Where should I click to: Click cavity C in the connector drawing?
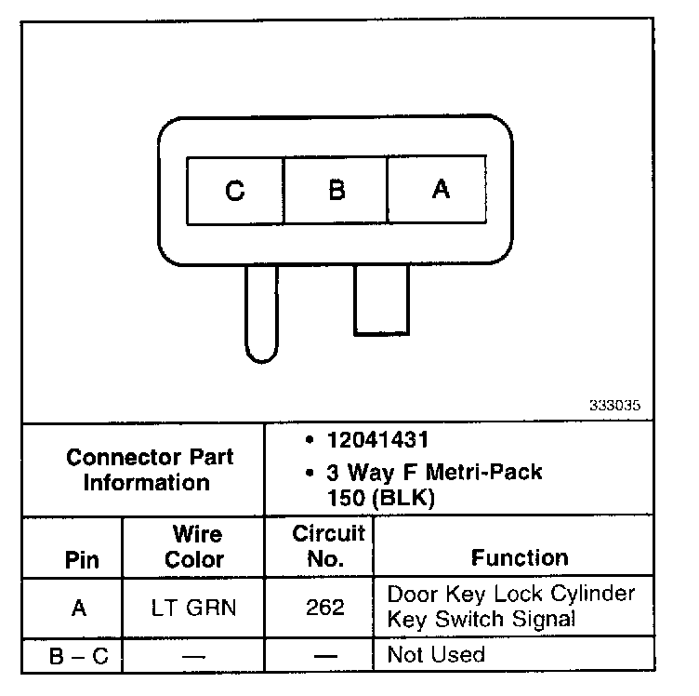[235, 191]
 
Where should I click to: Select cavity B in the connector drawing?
[336, 191]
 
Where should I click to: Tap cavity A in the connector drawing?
[440, 190]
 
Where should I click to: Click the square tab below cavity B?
[381, 300]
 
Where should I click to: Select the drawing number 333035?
[613, 406]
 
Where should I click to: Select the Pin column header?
[81, 560]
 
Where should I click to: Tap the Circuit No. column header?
[328, 546]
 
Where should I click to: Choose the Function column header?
[519, 558]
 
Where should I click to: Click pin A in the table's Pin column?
[79, 608]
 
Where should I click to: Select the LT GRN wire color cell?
[194, 608]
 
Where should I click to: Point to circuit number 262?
[324, 608]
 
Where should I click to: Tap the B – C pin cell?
[78, 656]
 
